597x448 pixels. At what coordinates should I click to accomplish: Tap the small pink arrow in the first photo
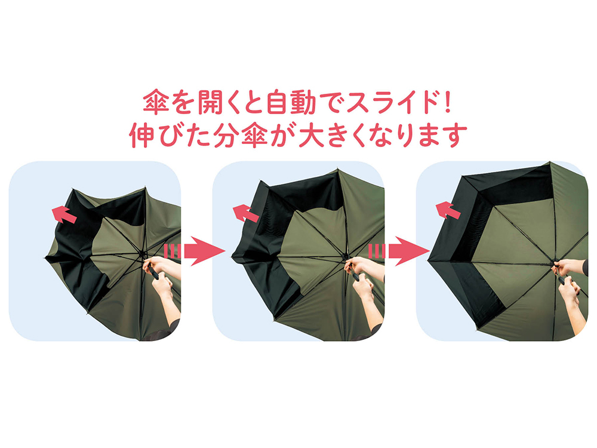tap(64, 214)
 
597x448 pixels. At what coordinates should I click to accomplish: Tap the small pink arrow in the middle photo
tap(245, 213)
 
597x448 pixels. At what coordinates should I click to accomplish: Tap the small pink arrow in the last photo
tap(448, 210)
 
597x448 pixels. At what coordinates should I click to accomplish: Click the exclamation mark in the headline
tap(447, 102)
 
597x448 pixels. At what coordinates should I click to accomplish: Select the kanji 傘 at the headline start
tap(156, 102)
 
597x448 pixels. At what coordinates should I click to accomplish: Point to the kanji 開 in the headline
tap(211, 102)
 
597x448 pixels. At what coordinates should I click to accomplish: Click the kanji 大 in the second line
tap(312, 136)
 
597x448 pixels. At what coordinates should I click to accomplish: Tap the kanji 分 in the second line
tap(226, 136)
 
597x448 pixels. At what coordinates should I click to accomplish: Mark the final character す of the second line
tap(454, 136)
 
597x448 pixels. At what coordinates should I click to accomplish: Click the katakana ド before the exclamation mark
tap(426, 102)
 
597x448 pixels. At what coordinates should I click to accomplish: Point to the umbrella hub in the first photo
tap(142, 252)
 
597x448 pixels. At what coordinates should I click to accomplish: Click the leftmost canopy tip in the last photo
tap(428, 260)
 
